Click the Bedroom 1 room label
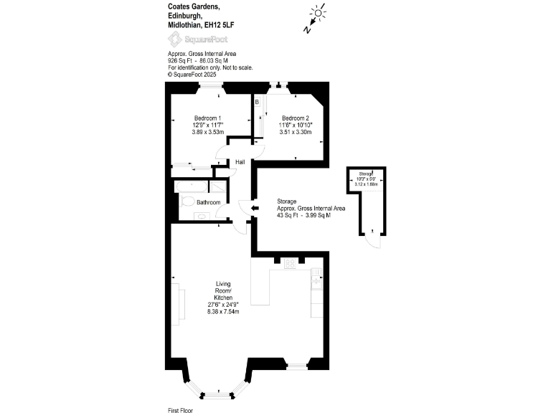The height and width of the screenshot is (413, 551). click(207, 118)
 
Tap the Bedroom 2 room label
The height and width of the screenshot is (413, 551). click(296, 118)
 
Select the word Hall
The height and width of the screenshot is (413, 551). click(240, 162)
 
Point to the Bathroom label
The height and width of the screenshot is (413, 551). click(209, 203)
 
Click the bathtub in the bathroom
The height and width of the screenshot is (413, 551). click(192, 186)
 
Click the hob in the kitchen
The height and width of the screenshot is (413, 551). click(291, 264)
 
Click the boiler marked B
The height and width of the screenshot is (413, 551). click(257, 103)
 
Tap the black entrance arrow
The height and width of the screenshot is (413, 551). click(255, 208)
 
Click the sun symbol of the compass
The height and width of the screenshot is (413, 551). click(317, 13)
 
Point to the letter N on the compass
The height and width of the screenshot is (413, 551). click(306, 29)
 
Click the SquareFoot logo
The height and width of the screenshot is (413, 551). click(197, 39)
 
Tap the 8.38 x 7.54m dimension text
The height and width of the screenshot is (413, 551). click(223, 311)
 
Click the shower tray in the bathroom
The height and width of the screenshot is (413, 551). click(218, 186)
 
